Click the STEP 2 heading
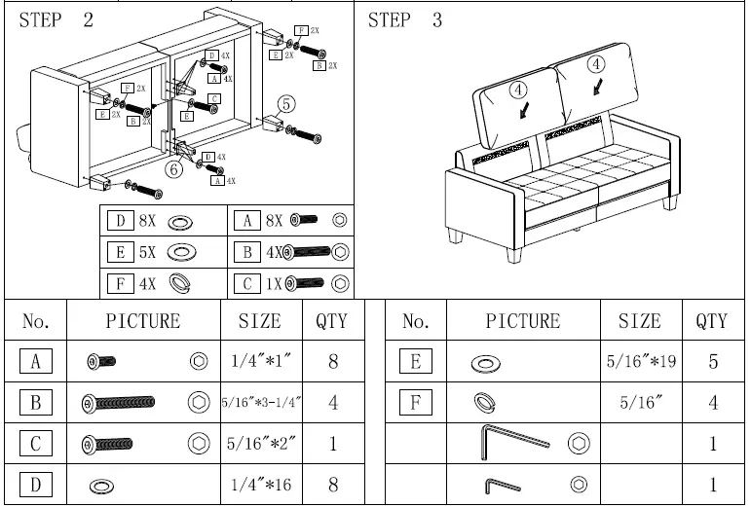point(56,21)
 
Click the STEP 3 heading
point(404,21)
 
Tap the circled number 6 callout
point(172,167)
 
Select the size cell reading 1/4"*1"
point(260,362)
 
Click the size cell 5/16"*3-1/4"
point(260,403)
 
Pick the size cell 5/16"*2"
point(260,444)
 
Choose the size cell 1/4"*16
point(260,485)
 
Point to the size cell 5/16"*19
point(639,362)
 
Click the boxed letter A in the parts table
point(35,362)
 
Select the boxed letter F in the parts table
point(416,403)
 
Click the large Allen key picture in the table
point(515,444)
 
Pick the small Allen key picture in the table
point(504,484)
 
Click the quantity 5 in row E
point(714,362)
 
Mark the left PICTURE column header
point(143,321)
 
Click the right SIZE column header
point(639,321)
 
